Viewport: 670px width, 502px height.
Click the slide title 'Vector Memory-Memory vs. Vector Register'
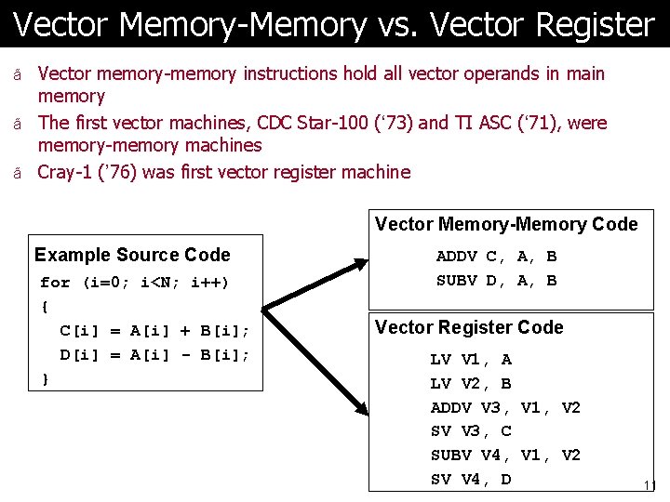coord(334,24)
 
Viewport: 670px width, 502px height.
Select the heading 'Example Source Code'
coord(132,255)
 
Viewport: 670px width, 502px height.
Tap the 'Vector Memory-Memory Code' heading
coord(506,224)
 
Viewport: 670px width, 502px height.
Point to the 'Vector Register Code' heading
coord(469,327)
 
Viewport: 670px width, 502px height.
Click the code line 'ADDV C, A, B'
coord(496,257)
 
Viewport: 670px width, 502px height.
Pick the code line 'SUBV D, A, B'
coord(496,281)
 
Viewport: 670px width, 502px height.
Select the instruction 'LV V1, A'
coord(471,360)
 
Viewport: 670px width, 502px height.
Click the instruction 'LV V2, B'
coord(471,384)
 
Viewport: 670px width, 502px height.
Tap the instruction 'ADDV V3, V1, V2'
coord(505,408)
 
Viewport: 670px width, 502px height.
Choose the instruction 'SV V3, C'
coord(471,431)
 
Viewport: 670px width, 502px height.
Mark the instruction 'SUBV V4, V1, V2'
coord(505,456)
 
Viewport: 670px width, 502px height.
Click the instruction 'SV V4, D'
coord(471,480)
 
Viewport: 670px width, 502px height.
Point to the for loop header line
coord(135,283)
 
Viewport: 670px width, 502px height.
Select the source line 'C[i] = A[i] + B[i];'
coord(154,331)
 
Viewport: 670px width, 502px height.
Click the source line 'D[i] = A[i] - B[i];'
coord(154,355)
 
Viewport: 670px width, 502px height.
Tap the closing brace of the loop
coord(46,378)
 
